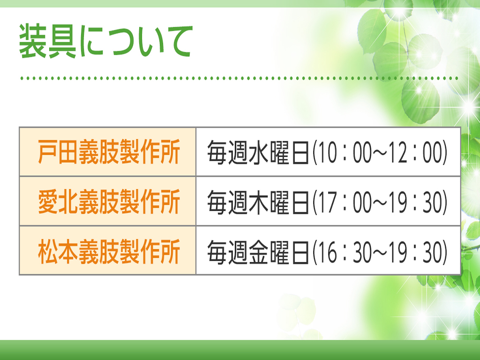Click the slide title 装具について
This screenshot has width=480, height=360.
pos(106,41)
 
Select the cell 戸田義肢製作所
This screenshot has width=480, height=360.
pos(107,152)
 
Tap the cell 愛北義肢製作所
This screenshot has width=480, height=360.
pos(107,202)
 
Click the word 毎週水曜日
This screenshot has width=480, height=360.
pos(258,152)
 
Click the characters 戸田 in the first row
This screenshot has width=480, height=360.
pos(58,152)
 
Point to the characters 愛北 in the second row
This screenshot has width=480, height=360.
pos(58,202)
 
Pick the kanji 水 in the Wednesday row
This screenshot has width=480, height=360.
pos(258,152)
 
